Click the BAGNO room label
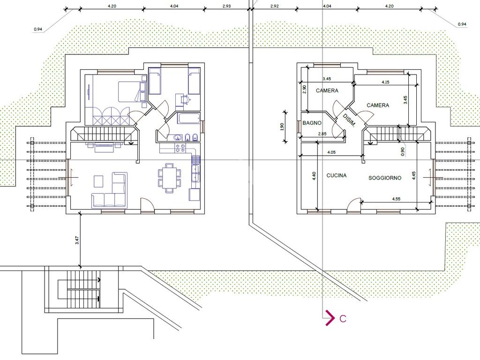[x=312, y=123]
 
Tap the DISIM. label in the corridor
[x=349, y=120]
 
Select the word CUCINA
[x=337, y=175]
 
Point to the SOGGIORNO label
[x=385, y=178]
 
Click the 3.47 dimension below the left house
[x=77, y=240]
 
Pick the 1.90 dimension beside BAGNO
[x=282, y=127]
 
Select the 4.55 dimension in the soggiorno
[x=396, y=199]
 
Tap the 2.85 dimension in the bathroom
[x=322, y=134]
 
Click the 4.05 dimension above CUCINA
[x=331, y=152]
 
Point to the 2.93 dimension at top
[x=226, y=6]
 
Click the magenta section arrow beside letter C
[x=330, y=318]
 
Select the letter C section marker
[x=343, y=319]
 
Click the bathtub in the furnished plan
[x=188, y=119]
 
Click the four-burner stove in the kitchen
[x=180, y=148]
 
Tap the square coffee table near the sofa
[x=98, y=181]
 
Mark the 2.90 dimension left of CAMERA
[x=304, y=89]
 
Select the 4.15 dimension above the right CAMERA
[x=385, y=82]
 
